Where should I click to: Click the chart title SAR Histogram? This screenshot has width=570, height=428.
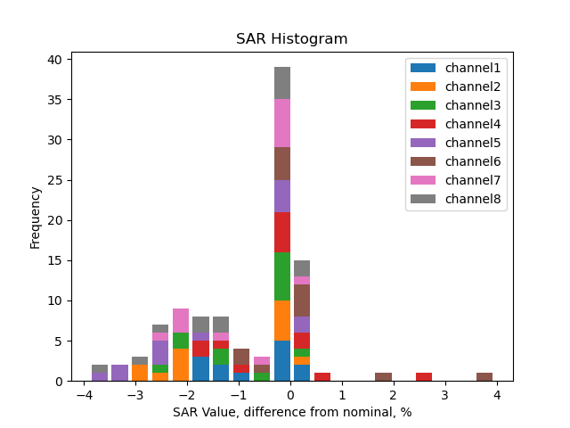click(291, 39)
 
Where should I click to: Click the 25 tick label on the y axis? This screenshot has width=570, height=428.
click(54, 180)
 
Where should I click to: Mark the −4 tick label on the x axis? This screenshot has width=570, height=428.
click(84, 395)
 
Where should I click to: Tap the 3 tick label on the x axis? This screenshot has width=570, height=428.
click(445, 395)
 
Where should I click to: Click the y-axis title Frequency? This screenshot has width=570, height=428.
click(36, 217)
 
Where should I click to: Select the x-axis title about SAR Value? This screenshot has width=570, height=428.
click(292, 412)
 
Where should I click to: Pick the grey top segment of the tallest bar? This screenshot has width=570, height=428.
click(282, 83)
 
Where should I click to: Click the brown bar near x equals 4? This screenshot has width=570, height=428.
click(484, 377)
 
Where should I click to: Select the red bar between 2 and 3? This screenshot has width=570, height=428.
click(424, 377)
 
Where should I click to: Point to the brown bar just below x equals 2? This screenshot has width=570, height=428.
click(383, 377)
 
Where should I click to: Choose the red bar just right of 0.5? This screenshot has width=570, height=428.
click(322, 377)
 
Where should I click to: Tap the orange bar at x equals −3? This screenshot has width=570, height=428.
click(140, 373)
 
